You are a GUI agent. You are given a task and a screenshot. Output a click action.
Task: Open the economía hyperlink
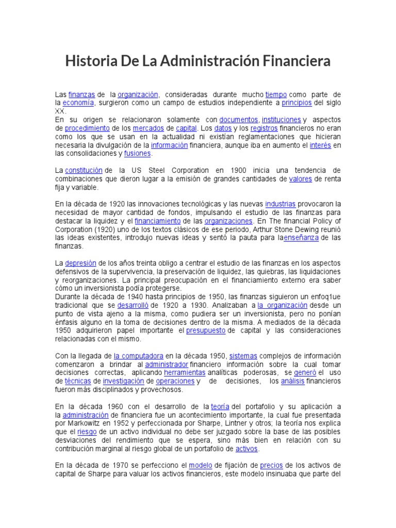(78, 103)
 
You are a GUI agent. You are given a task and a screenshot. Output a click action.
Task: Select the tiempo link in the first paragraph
(276, 95)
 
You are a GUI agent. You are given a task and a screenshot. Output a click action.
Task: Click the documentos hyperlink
(238, 120)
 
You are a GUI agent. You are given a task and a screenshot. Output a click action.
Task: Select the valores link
(301, 179)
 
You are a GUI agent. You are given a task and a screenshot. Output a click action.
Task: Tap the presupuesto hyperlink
(206, 330)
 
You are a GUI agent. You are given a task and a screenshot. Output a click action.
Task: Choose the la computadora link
(139, 355)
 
